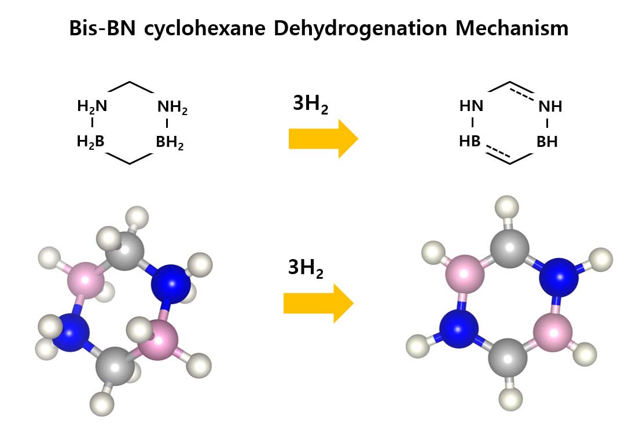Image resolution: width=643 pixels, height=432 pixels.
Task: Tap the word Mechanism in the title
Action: [512, 28]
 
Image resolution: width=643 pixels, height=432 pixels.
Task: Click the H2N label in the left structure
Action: [92, 106]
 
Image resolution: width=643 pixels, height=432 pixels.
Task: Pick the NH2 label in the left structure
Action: [172, 108]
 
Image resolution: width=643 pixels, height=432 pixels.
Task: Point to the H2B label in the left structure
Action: [91, 142]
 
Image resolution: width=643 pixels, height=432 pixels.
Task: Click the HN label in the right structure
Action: [471, 106]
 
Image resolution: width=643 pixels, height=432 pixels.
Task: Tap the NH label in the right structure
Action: [550, 107]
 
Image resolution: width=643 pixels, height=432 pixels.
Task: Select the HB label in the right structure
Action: [470, 142]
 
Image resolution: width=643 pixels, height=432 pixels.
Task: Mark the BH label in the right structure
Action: [548, 142]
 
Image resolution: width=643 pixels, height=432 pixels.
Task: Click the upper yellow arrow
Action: [323, 139]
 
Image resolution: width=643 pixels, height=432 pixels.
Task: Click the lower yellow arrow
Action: [318, 304]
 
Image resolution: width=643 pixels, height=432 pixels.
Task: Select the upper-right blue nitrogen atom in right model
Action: [559, 278]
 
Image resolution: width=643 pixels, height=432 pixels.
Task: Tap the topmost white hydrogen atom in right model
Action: [508, 206]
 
